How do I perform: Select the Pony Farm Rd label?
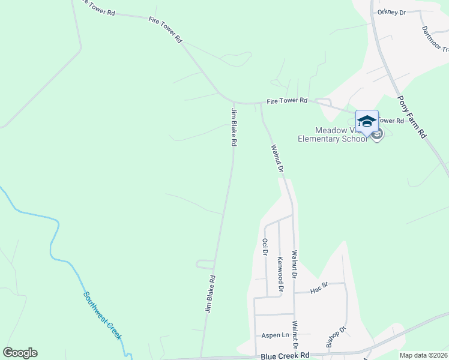[x=412, y=118]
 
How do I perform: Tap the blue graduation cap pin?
[x=367, y=121]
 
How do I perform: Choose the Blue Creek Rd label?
[x=285, y=356]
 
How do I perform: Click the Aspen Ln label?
[x=275, y=335]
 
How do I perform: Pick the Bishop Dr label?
[x=337, y=337]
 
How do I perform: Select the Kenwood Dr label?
[x=280, y=275]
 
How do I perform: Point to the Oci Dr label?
[x=265, y=247]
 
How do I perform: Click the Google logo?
[x=20, y=353]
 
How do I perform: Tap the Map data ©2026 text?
[x=424, y=355]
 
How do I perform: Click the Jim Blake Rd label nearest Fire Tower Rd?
[x=234, y=127]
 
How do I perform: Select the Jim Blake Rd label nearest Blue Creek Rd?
[x=210, y=295]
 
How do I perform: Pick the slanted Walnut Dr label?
[x=277, y=158]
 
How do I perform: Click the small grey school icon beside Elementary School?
[x=377, y=135]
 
